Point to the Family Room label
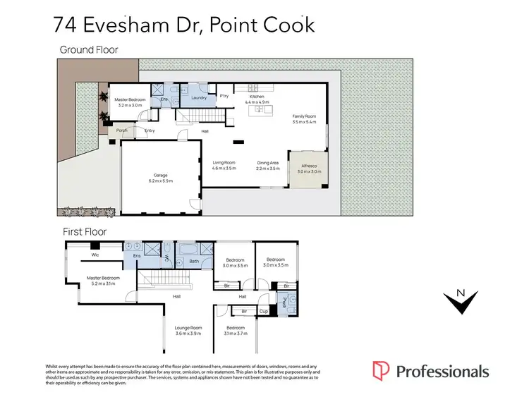click(305, 117)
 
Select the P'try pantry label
click(224, 96)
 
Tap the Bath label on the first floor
click(195, 261)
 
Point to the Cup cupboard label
click(263, 311)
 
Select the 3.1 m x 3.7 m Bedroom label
click(235, 331)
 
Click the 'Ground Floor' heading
click(89, 49)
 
